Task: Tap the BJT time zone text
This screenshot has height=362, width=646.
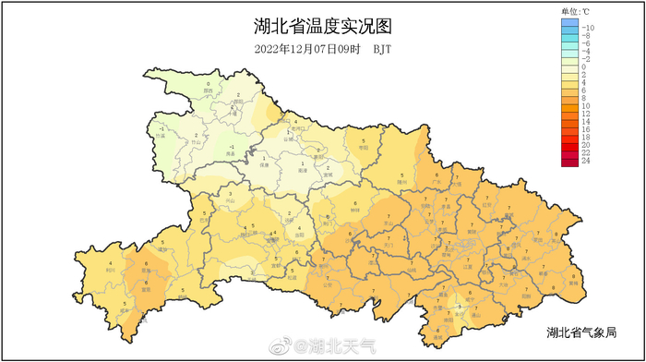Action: [383, 49]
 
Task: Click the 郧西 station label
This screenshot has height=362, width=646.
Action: [208, 91]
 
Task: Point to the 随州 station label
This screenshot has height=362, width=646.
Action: [401, 183]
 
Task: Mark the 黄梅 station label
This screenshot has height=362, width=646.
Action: [573, 284]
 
